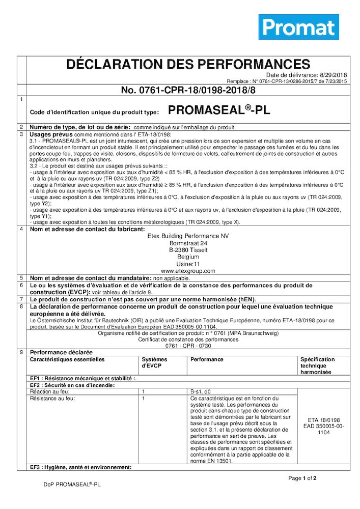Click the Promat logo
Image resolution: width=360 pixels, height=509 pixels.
pos(298,27)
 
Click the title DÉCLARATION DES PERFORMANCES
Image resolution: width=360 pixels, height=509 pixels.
pos(188,64)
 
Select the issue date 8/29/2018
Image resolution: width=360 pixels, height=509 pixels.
pos(333,75)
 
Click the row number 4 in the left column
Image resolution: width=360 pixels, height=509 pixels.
pos(21,229)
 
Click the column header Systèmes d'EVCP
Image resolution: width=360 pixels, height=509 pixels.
pos(154,362)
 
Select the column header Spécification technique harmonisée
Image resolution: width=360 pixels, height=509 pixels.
pos(317,365)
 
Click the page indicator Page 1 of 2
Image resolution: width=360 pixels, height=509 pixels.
pos(302,478)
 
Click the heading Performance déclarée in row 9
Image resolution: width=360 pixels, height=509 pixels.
pos(61,352)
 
